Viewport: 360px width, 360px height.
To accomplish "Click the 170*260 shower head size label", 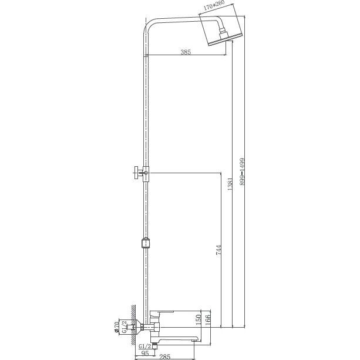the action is click(214, 5).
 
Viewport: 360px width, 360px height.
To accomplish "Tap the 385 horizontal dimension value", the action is click(186, 52).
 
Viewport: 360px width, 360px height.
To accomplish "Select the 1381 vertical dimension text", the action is click(230, 184).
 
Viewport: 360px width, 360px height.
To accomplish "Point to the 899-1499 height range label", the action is click(242, 171).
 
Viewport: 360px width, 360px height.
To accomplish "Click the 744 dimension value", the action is click(219, 250).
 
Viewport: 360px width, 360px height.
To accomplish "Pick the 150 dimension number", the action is click(198, 319).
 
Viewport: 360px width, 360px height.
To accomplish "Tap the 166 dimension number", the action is click(207, 320).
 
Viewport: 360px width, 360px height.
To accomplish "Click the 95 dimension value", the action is click(145, 353).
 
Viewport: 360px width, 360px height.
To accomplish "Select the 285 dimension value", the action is click(165, 357).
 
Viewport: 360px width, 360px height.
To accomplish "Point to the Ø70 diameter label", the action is click(117, 327).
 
